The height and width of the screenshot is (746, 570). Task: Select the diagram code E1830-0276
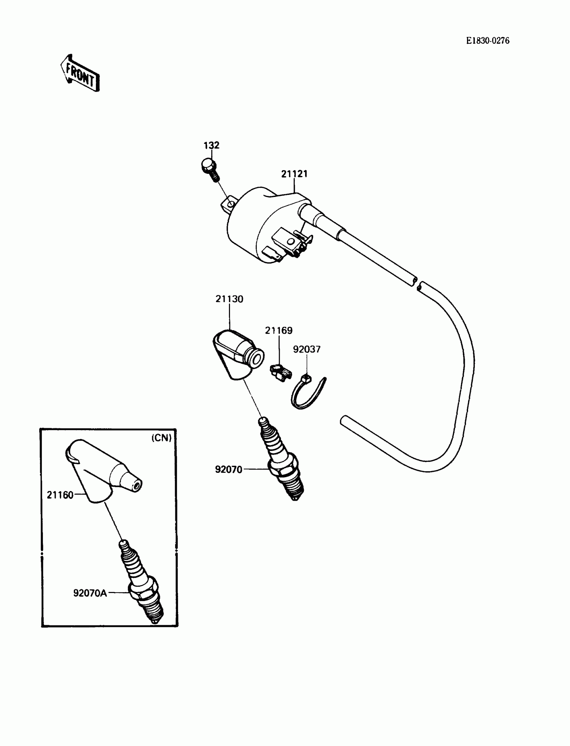point(487,41)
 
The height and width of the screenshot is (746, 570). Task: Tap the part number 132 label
point(211,145)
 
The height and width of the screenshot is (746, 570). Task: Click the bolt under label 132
point(210,169)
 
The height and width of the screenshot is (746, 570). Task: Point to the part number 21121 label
point(294,174)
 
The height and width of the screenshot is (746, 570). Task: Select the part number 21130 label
point(229,299)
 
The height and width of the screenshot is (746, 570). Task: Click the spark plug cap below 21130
point(237,355)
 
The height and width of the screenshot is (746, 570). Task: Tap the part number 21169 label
point(279,331)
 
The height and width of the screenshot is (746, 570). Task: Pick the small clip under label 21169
point(281,372)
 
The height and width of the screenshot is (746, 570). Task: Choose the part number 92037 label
point(307,349)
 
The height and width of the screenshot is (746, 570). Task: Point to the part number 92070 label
point(229,470)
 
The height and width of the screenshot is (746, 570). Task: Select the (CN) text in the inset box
point(162,438)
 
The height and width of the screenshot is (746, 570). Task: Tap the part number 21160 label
point(60,495)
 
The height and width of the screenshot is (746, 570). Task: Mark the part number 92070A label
point(90,593)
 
